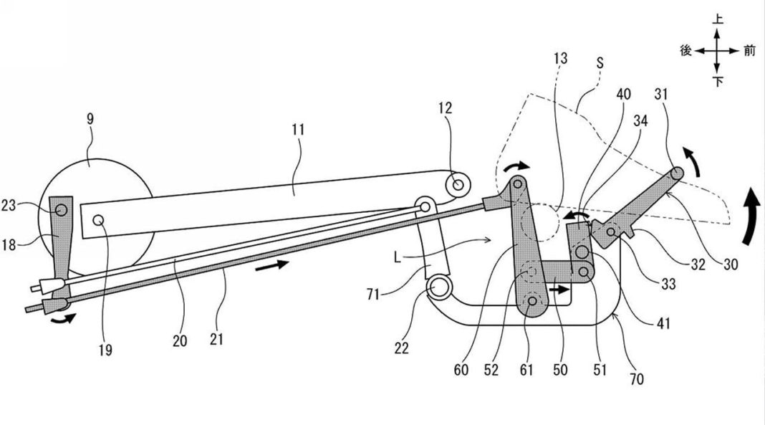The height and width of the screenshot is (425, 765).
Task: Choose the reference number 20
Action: [179, 342]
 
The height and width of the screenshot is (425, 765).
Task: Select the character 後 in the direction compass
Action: [685, 50]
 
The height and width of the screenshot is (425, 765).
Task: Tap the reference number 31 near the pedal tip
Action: [660, 94]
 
